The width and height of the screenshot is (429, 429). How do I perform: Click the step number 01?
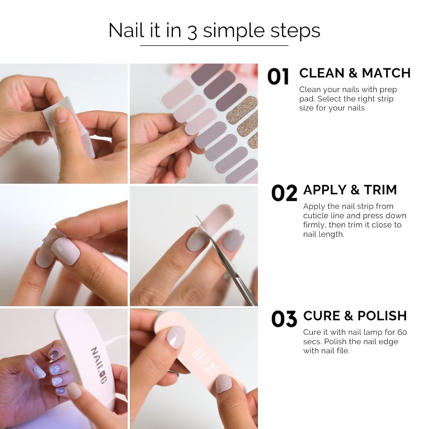point(278,77)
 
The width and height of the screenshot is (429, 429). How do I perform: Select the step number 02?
point(284,193)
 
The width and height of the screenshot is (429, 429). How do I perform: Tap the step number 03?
point(284,319)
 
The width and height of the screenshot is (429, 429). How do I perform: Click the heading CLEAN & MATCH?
point(355,73)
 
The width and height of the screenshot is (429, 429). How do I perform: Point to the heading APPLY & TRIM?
point(350,190)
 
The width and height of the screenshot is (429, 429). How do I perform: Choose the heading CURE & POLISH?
point(355,316)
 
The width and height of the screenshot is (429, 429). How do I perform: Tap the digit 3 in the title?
point(192,31)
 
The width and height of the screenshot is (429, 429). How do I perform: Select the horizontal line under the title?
point(214,45)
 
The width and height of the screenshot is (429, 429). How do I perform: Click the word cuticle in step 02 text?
point(316,216)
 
